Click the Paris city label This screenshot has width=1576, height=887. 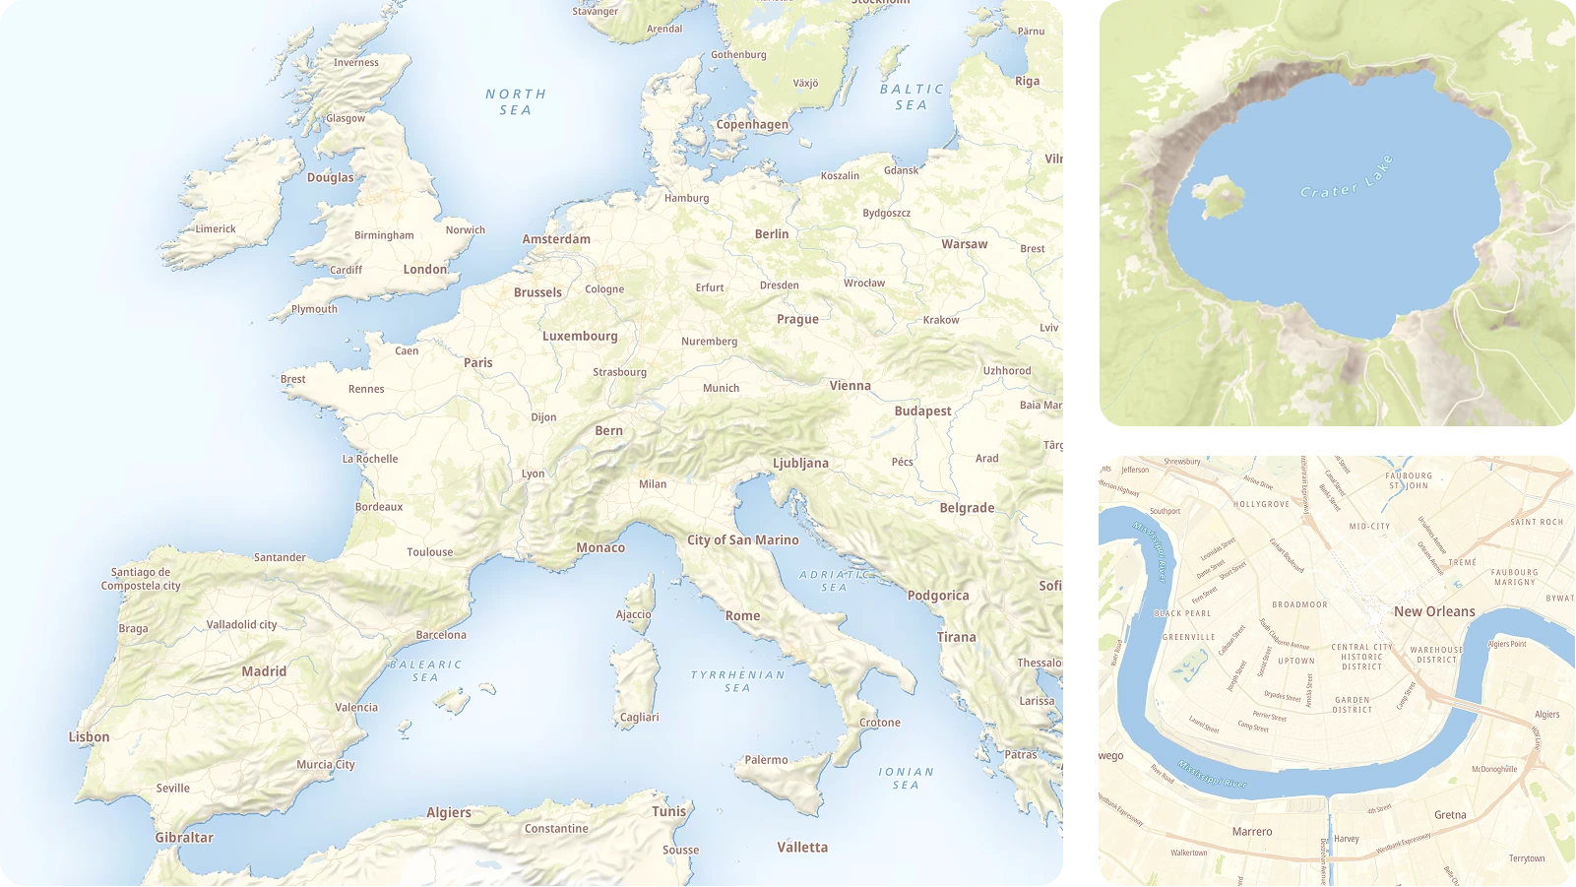point(478,362)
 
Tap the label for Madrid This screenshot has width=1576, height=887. point(264,671)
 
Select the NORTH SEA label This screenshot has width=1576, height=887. point(516,101)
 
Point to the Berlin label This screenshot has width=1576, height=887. point(772,234)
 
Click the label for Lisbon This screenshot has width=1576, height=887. point(89,736)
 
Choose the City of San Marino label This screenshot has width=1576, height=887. point(742,539)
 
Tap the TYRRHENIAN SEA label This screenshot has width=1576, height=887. point(737,681)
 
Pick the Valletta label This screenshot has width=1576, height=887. point(802,847)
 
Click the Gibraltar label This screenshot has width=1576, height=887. point(184,838)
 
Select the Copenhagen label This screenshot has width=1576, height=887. point(752,125)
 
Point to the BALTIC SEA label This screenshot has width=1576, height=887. point(912,96)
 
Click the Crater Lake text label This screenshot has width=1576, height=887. point(1347,177)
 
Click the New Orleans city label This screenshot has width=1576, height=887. point(1434,611)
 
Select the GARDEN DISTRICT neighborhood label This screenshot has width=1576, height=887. point(1353,705)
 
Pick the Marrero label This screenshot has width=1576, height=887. point(1252,832)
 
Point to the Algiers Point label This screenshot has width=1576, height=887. point(1507,644)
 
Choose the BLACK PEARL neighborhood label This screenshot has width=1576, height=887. point(1182,613)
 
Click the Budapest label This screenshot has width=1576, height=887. point(922,411)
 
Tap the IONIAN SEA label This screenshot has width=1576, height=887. point(906,778)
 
